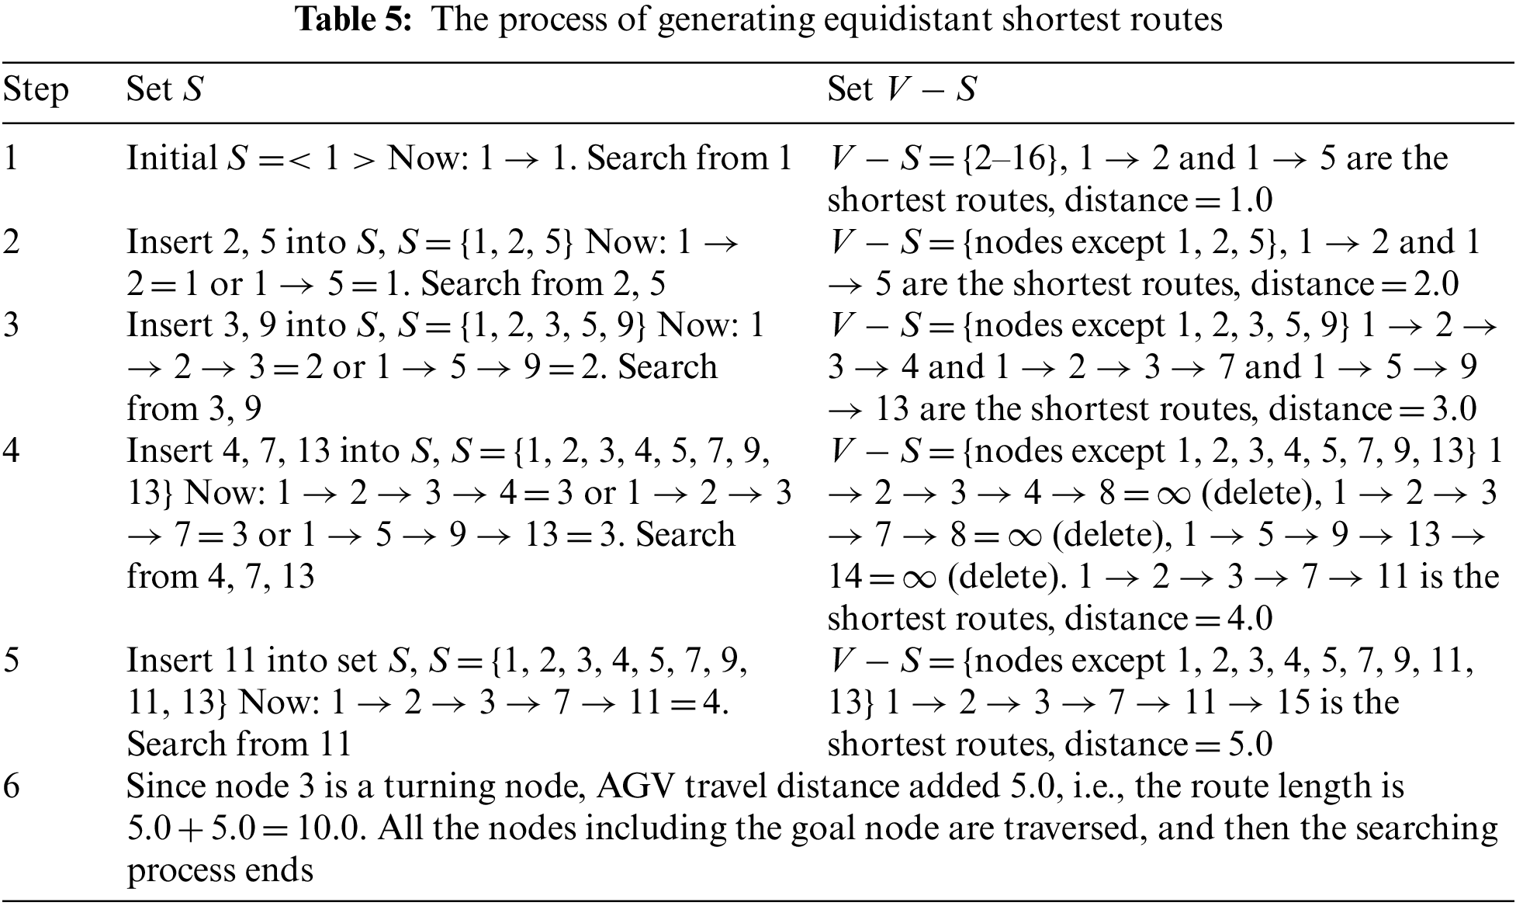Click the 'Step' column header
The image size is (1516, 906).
(36, 90)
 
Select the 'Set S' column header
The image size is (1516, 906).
(164, 90)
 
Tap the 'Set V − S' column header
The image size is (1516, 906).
(902, 90)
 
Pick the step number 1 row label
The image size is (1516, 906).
(11, 158)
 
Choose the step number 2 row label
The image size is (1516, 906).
(11, 242)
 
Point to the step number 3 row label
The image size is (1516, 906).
(11, 326)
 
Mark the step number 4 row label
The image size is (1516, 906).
(11, 452)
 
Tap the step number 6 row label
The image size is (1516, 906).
(11, 787)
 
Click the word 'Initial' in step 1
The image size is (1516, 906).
(172, 158)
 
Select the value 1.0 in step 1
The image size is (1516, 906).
(1250, 201)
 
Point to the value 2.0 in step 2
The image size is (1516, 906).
(1436, 285)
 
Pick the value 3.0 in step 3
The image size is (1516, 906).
(1453, 410)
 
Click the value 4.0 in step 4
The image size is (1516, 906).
(1250, 620)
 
